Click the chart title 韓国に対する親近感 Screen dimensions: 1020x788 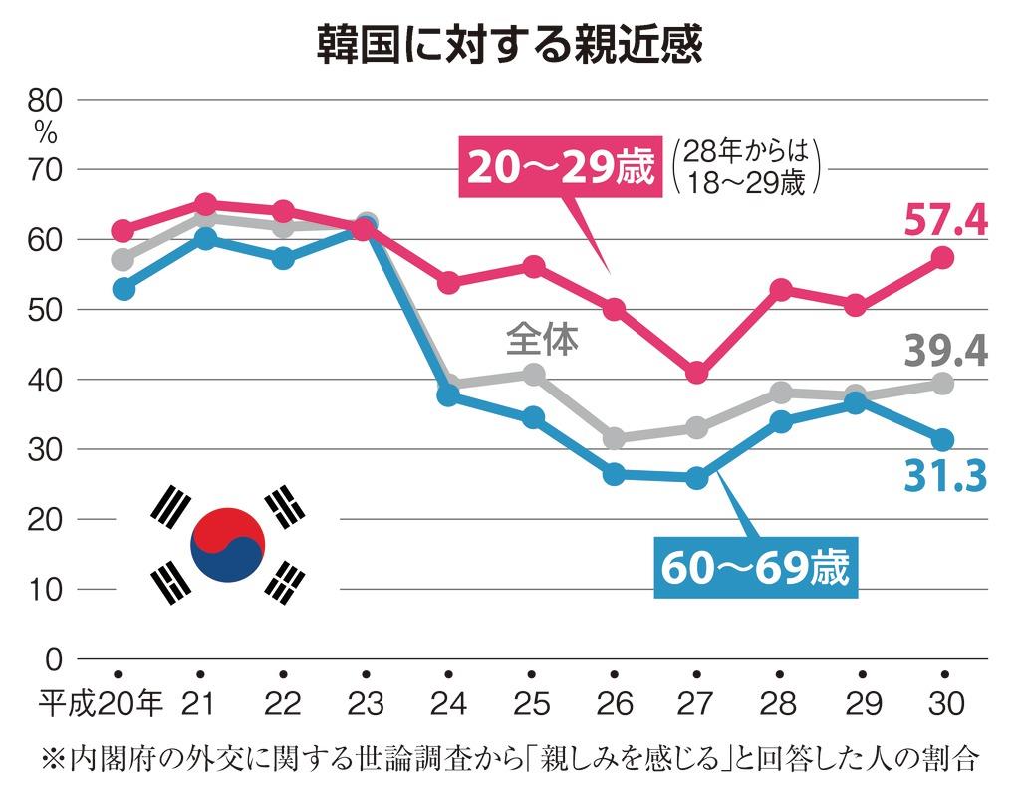[509, 45]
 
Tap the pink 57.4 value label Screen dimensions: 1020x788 [946, 220]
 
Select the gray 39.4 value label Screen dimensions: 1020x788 [946, 351]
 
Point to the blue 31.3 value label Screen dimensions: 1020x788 [946, 476]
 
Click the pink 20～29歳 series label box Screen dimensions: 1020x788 [561, 167]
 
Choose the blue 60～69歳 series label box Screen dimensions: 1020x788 [756, 568]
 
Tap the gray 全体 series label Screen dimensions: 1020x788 [542, 339]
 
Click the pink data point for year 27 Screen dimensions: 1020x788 [696, 373]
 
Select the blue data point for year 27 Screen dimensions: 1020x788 [696, 479]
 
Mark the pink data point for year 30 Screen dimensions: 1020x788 [943, 258]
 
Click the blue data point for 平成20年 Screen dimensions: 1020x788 [124, 289]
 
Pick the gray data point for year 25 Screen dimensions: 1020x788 [534, 375]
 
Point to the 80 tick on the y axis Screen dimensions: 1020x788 [45, 101]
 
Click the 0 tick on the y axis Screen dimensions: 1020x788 [54, 659]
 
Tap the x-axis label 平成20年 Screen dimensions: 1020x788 [101, 704]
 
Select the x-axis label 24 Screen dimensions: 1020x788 [449, 704]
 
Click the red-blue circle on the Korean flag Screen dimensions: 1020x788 [228, 545]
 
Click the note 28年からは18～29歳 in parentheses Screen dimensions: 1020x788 [745, 167]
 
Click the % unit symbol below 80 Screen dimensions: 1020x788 [46, 134]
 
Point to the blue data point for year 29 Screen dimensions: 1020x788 [857, 403]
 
